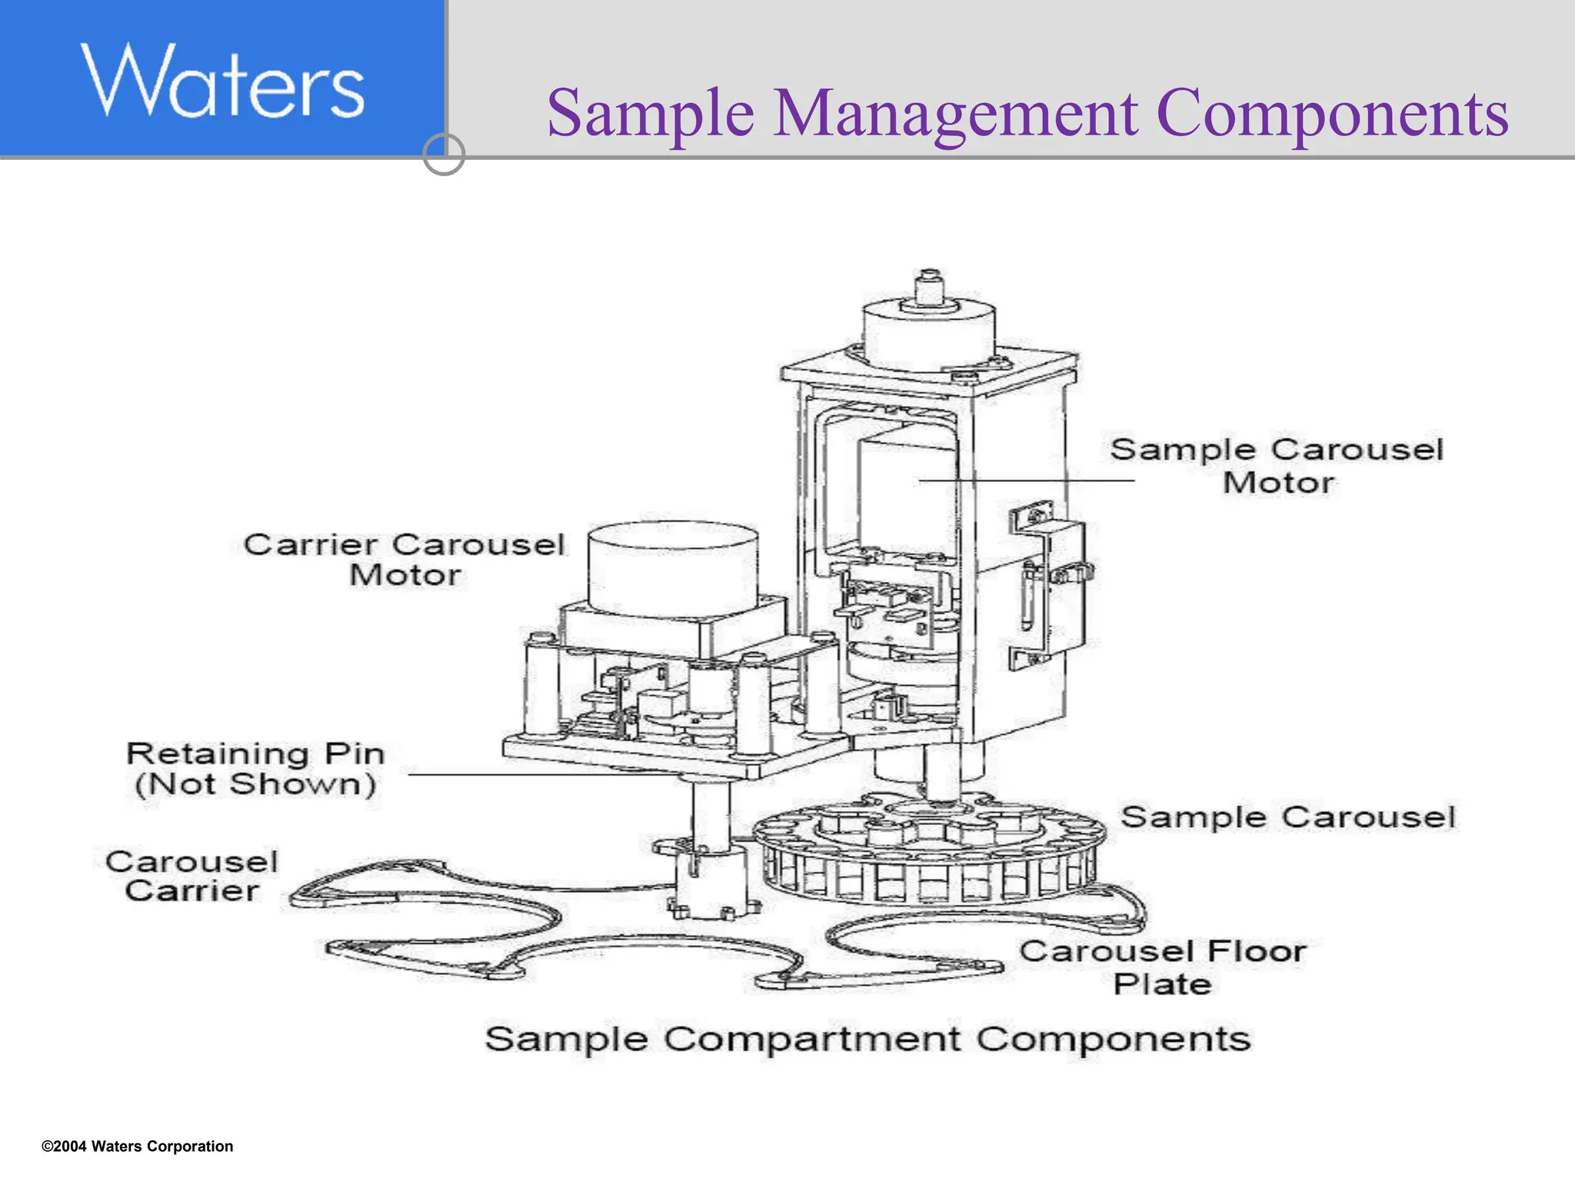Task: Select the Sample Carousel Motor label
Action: coord(1277,466)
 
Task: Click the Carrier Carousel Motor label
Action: coord(405,560)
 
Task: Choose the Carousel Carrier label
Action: coord(192,876)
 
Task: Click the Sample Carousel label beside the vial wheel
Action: coord(1287,817)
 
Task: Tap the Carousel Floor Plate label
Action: coord(1163,967)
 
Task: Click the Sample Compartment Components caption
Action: coord(867,1040)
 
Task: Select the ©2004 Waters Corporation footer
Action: coord(137,1146)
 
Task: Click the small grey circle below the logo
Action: coord(444,155)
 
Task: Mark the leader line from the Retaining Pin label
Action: coord(538,774)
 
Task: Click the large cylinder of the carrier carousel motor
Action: coord(672,569)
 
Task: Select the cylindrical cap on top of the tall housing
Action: coord(928,331)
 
